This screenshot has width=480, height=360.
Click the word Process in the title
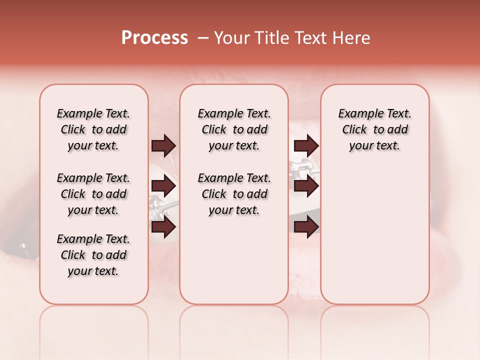154,38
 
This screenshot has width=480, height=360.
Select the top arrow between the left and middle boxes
163,146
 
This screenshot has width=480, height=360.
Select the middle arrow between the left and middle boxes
163,186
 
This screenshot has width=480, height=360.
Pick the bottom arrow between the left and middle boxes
163,226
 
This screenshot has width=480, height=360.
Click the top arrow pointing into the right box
306,146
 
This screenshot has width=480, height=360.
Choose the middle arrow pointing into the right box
306,186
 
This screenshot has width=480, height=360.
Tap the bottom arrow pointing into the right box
306,226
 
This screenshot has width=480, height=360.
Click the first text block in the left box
93,129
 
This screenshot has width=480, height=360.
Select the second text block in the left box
93,194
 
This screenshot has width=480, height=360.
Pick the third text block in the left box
93,255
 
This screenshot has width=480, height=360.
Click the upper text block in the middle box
234,129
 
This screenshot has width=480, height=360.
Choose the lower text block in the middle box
234,194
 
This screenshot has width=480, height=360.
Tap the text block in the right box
375,129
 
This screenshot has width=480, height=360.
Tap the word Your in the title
228,38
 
